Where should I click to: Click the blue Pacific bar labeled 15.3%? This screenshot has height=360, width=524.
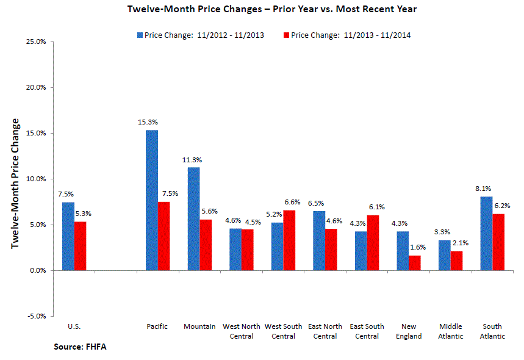[152, 200]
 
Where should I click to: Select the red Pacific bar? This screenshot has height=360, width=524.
[164, 236]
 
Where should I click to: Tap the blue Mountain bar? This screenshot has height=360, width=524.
[193, 218]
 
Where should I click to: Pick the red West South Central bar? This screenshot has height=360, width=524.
[289, 240]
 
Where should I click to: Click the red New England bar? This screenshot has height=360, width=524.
[415, 263]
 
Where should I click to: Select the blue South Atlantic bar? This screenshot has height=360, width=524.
[487, 233]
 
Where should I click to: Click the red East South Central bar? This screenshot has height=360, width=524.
[373, 243]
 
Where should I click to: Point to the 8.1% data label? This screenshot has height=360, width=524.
[484, 189]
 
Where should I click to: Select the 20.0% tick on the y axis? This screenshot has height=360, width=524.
[38, 87]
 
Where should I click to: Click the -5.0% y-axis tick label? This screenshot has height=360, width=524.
[38, 316]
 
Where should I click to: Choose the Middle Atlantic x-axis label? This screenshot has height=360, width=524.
[451, 331]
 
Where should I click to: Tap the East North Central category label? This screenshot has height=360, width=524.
[325, 331]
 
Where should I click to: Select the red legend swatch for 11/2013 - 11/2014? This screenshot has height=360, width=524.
[286, 35]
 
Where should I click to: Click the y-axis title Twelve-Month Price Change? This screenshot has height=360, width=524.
[16, 183]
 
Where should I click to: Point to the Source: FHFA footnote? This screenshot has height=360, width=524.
[76, 347]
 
